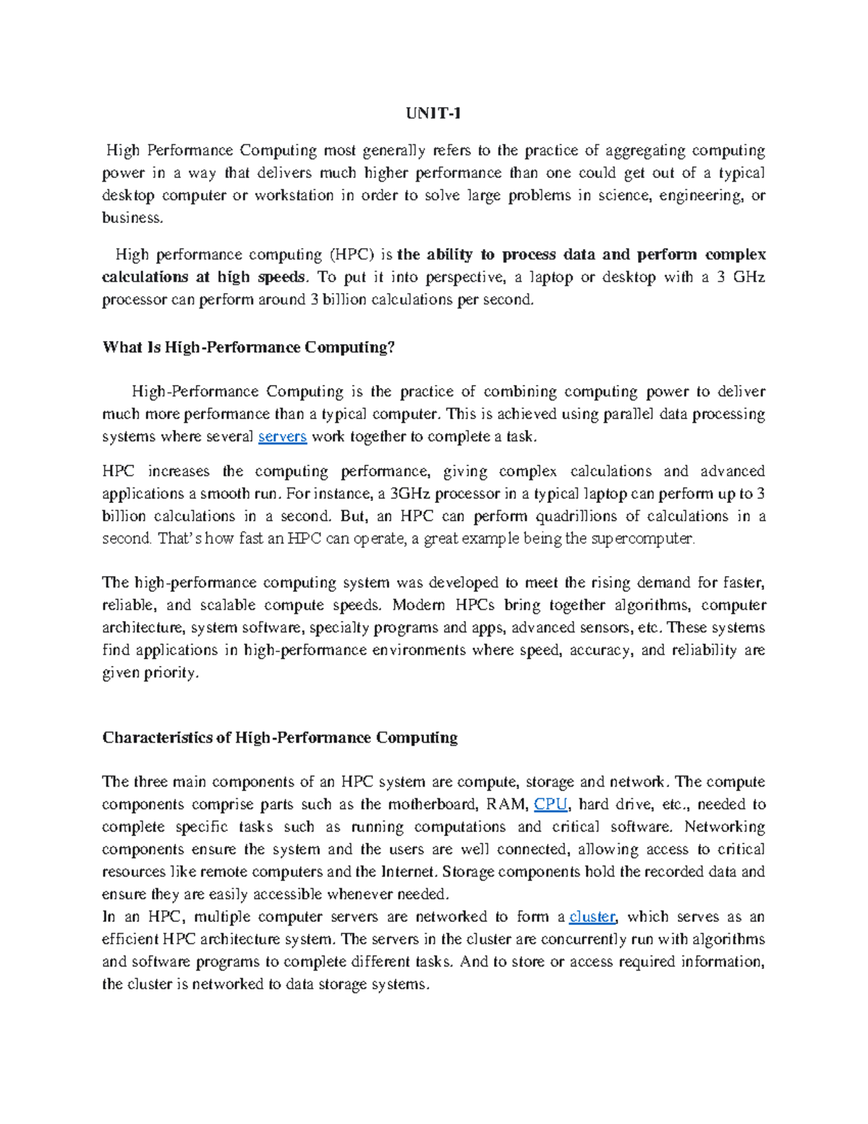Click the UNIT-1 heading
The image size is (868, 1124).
click(433, 114)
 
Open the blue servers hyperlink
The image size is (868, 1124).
click(282, 436)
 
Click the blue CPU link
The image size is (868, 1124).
click(550, 804)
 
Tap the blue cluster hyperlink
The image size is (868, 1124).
click(592, 916)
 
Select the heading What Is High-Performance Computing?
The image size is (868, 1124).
click(249, 347)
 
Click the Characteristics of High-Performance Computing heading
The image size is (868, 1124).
click(280, 738)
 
